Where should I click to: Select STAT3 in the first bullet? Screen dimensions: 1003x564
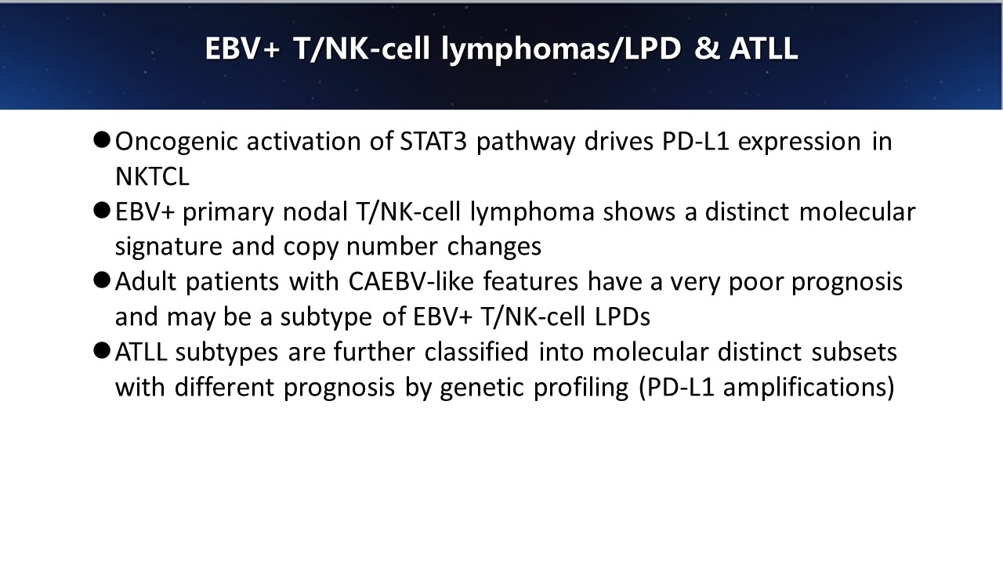point(433,141)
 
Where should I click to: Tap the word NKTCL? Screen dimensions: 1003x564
point(152,176)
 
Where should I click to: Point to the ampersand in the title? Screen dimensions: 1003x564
point(708,49)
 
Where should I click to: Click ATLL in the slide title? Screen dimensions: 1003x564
point(764,49)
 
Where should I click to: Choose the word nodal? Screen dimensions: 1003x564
point(315,211)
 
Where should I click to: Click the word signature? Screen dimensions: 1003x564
point(168,248)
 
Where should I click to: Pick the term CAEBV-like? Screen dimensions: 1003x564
point(411,281)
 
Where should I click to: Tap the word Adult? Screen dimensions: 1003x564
point(146,281)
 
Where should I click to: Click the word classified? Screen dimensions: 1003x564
point(476,352)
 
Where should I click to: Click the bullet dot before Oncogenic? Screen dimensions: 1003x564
point(102,140)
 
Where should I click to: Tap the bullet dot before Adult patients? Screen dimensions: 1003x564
point(102,280)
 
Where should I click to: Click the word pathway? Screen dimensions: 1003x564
point(526,143)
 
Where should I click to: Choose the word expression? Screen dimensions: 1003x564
point(799,143)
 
